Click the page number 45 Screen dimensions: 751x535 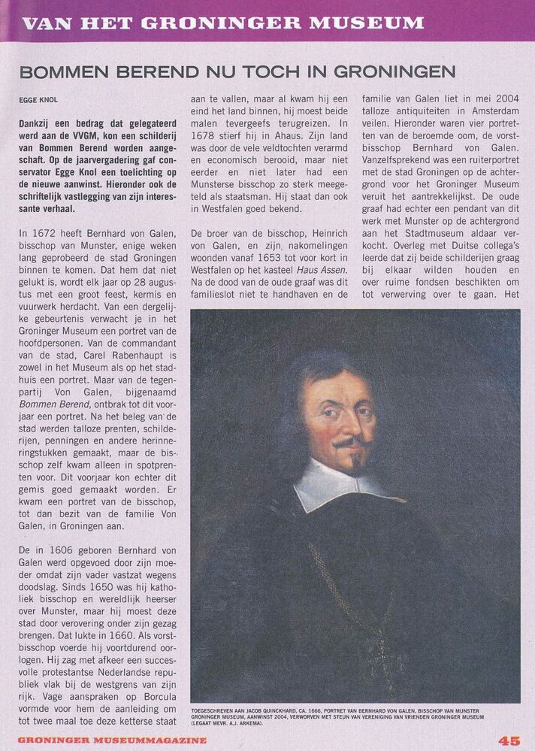(x=509, y=740)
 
